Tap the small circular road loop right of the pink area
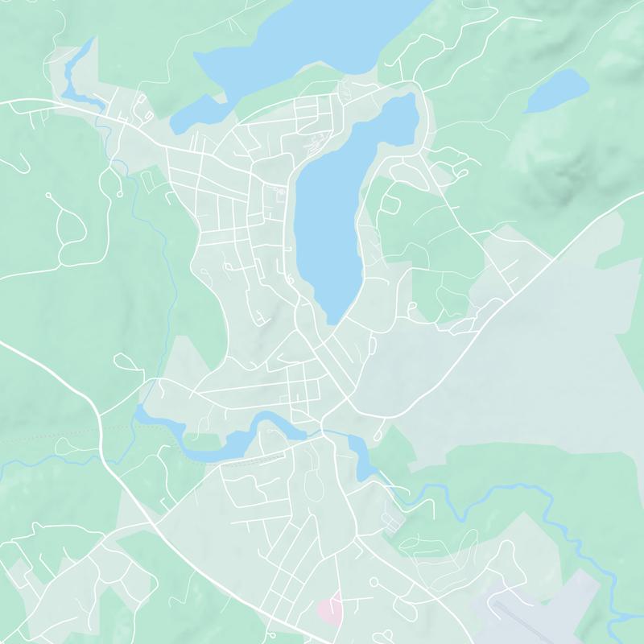[x=374, y=581]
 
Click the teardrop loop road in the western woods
[x=68, y=221]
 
